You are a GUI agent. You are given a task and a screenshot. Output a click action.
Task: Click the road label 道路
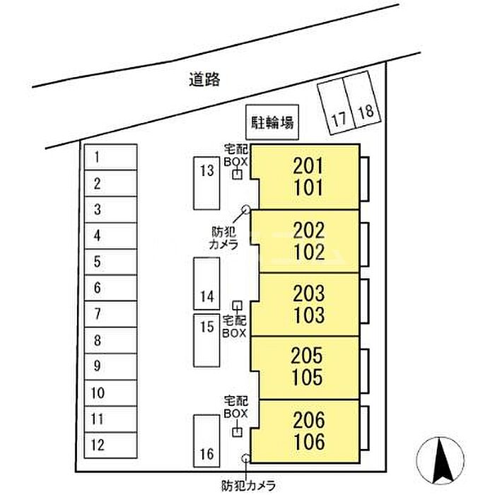tap(204, 79)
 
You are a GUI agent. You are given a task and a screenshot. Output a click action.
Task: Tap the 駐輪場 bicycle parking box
tap(272, 122)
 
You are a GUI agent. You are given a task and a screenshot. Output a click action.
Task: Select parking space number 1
tap(110, 157)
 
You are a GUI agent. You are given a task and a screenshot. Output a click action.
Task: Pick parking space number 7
tap(110, 314)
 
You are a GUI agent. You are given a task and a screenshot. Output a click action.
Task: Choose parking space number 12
tap(110, 445)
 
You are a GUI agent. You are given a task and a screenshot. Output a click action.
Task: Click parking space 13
tap(206, 183)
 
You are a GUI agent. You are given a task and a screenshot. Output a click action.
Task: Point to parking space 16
tap(206, 441)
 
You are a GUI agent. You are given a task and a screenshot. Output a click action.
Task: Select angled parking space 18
tap(362, 100)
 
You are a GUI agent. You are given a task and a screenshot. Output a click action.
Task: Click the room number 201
tap(308, 166)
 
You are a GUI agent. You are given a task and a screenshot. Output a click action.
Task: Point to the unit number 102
tap(309, 252)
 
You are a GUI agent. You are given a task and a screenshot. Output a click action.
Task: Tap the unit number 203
tap(309, 293)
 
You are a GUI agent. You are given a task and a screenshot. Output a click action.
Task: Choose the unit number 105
tap(307, 377)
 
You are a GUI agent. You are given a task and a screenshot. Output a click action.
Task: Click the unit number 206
tap(309, 420)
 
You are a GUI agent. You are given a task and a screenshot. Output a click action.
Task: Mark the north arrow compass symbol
tap(441, 460)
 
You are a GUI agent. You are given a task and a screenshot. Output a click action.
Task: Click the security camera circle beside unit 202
tap(245, 209)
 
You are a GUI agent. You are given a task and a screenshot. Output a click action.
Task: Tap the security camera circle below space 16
tap(245, 458)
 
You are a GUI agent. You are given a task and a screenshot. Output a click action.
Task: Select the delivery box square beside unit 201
tap(237, 175)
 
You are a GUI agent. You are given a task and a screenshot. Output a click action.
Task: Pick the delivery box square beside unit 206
tap(237, 432)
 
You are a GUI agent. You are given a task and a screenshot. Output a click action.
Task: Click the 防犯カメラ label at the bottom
tap(248, 486)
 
